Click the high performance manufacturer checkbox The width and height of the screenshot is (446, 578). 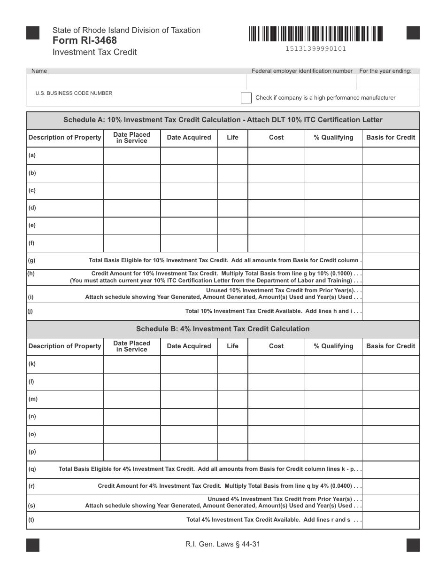pyautogui.click(x=246, y=98)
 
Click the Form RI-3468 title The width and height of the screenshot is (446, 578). pyautogui.click(x=85, y=40)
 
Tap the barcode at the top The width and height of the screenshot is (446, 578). pyautogui.click(x=316, y=34)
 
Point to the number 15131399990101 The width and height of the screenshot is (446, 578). pyautogui.click(x=316, y=48)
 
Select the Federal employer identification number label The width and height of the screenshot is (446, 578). pyautogui.click(x=302, y=71)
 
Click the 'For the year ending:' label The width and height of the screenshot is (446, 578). pyautogui.click(x=385, y=71)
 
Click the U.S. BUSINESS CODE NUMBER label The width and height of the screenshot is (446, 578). pyautogui.click(x=74, y=93)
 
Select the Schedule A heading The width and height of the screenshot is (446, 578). pyautogui.click(x=223, y=120)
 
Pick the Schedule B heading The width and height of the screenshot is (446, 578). pyautogui.click(x=223, y=329)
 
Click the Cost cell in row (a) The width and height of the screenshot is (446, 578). pyautogui.click(x=276, y=156)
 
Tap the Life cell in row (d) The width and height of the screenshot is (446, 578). pyautogui.click(x=232, y=208)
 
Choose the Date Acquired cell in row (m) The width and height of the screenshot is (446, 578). pyautogui.click(x=189, y=399)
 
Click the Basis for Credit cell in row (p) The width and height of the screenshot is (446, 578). pyautogui.click(x=391, y=452)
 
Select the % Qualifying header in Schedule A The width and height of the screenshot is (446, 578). pyautogui.click(x=333, y=138)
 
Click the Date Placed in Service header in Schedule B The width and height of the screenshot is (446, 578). pyautogui.click(x=132, y=346)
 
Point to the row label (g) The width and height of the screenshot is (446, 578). pyautogui.click(x=31, y=260)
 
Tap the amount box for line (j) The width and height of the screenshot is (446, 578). pyautogui.click(x=391, y=311)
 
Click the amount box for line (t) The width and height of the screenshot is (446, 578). pyautogui.click(x=391, y=520)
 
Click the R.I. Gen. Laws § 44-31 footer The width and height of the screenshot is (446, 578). pyautogui.click(x=223, y=545)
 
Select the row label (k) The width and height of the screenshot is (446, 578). pyautogui.click(x=32, y=364)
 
